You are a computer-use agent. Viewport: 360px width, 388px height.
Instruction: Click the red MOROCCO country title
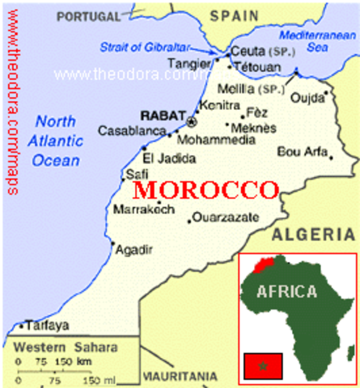(205, 190)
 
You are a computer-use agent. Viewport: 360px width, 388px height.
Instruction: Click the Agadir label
(134, 249)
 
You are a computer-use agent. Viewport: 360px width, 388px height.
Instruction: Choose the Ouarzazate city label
(227, 217)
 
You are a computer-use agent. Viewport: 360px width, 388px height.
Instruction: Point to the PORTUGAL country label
(93, 15)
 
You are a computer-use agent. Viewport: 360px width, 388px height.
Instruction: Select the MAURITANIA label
(179, 376)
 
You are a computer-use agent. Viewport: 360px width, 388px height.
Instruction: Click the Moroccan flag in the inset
(262, 365)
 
